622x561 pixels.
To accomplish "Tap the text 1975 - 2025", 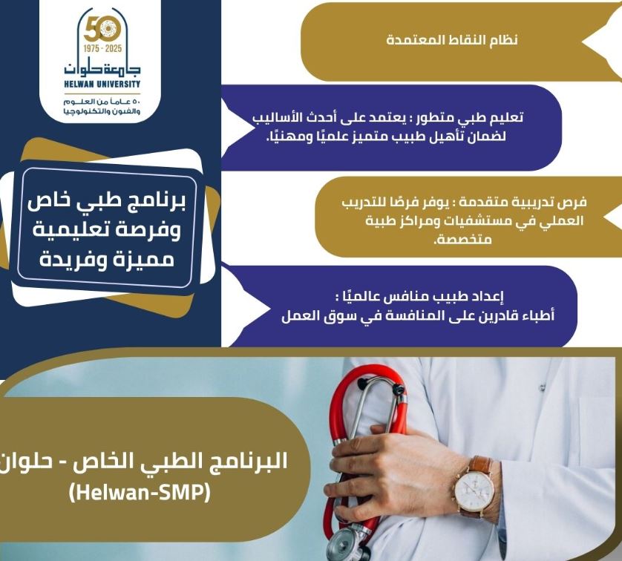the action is point(102,49).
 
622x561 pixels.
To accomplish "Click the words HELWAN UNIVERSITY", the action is point(102,84).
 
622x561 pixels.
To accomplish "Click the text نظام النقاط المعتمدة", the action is point(452,40).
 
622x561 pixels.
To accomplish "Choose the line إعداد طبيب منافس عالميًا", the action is point(419,296).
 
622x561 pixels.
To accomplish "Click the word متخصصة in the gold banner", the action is point(462,239).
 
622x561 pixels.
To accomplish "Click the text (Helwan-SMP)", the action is point(140,493).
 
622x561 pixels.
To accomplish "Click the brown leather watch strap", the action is point(481,465).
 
